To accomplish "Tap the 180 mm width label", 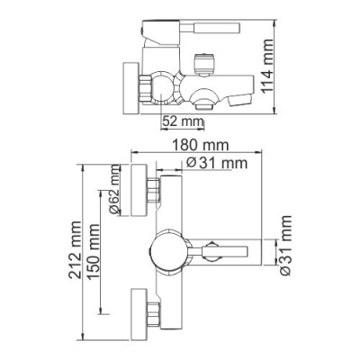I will [x=199, y=145].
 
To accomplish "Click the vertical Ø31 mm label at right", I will [x=285, y=245].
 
